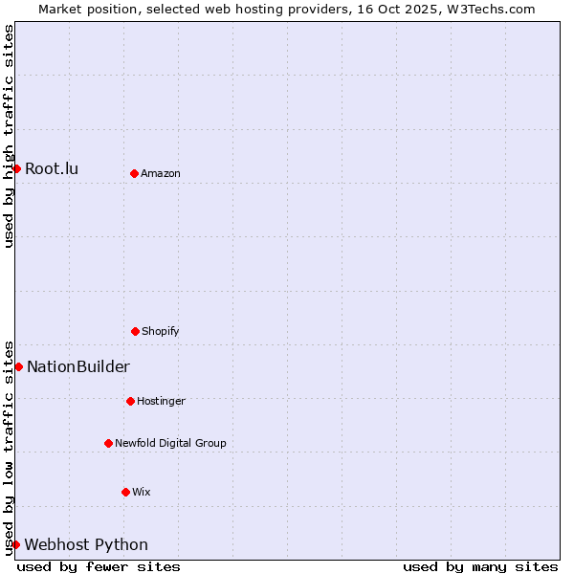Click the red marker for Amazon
(x=134, y=173)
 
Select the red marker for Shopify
(x=135, y=331)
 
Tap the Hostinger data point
(x=130, y=401)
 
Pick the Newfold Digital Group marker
(x=108, y=443)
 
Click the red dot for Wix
(x=125, y=492)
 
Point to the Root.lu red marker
(x=16, y=168)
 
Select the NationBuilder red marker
(x=18, y=366)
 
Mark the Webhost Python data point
(x=15, y=544)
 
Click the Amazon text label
(x=161, y=173)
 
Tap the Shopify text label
(x=161, y=331)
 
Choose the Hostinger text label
(x=161, y=401)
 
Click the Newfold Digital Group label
(x=170, y=443)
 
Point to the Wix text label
(x=142, y=492)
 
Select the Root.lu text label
(x=52, y=169)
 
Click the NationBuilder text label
(x=78, y=367)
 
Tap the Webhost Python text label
(x=86, y=545)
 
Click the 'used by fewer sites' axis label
(x=99, y=566)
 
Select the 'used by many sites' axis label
(x=480, y=566)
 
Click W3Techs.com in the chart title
(x=488, y=9)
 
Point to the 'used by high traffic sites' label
(x=9, y=136)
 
